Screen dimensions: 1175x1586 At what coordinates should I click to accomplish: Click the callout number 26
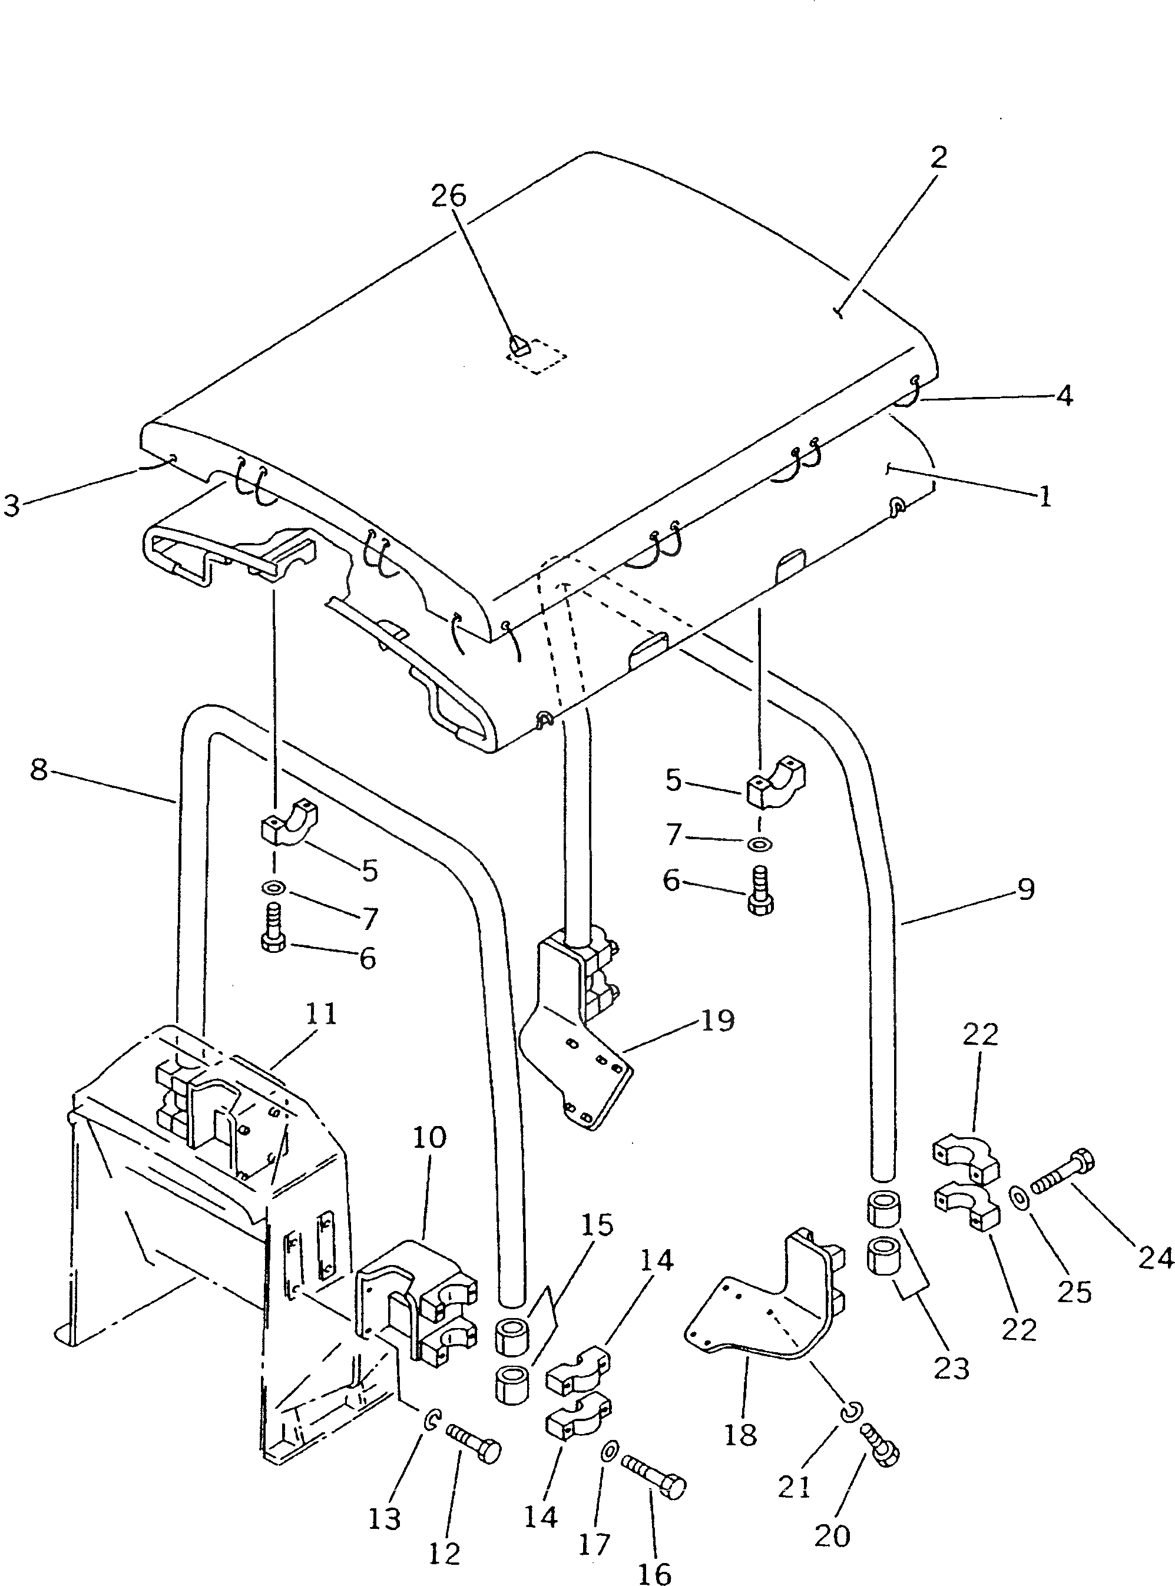(x=449, y=195)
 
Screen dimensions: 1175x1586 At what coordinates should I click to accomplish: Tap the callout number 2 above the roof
(x=939, y=157)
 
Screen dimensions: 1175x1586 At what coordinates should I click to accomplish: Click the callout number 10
(x=429, y=1137)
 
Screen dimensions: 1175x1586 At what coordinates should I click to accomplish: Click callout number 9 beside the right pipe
(x=1025, y=889)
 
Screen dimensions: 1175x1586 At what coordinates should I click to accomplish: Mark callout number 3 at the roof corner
(x=12, y=506)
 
